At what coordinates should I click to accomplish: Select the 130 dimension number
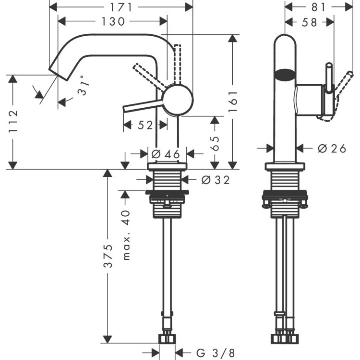(x=113, y=21)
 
